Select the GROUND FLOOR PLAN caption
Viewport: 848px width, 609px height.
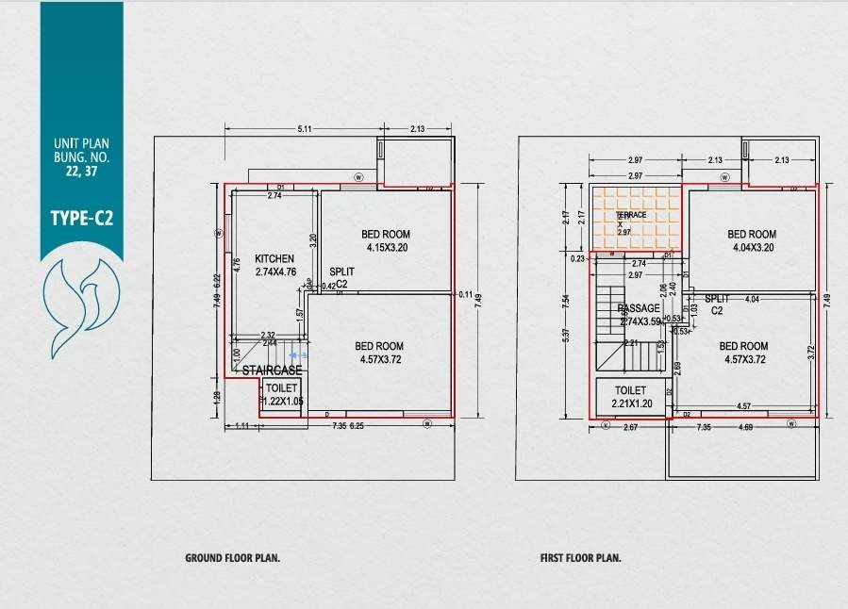tap(232, 558)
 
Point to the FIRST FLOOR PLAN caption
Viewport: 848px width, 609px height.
tap(580, 558)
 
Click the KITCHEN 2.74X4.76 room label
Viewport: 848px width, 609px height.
tap(274, 265)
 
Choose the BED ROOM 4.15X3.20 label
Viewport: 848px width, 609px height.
tap(386, 241)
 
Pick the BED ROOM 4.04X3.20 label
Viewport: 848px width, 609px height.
tap(752, 241)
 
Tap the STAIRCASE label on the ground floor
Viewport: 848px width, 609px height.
tap(272, 370)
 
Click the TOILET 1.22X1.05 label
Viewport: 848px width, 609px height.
tap(281, 395)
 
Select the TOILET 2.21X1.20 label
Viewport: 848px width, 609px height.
tap(630, 397)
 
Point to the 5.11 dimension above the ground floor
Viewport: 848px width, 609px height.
tap(305, 129)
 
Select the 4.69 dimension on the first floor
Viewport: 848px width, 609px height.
tap(744, 428)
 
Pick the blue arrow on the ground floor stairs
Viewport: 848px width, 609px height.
tap(297, 355)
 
